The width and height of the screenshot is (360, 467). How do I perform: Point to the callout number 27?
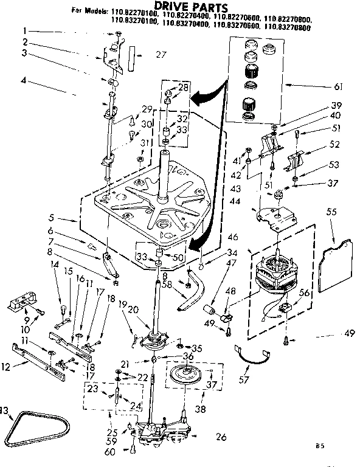point(161,54)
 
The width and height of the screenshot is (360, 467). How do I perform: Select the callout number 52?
point(334,144)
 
